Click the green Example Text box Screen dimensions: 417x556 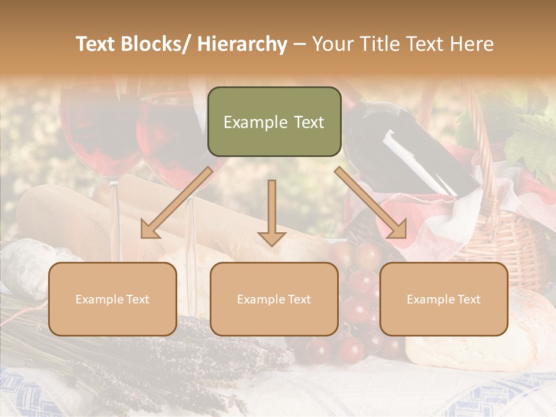tap(274, 122)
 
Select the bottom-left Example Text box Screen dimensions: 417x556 tap(112, 299)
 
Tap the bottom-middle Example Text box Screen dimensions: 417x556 tap(274, 299)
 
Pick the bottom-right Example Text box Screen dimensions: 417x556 tap(444, 299)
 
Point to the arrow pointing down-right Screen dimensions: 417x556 tap(371, 203)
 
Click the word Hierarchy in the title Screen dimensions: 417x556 tap(242, 44)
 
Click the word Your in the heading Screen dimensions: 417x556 tap(331, 44)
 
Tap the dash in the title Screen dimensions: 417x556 tap(299, 44)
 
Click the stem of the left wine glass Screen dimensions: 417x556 tap(115, 214)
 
